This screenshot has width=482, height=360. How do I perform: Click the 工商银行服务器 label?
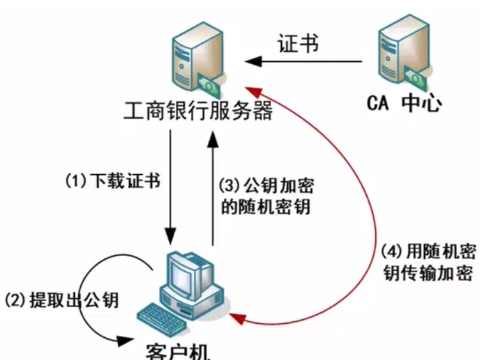(198, 111)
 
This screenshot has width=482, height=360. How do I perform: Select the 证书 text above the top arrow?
(298, 44)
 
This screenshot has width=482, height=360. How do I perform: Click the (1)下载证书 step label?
(112, 181)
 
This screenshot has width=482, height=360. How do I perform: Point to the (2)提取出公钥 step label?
(61, 299)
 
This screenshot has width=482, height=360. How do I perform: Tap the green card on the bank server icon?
(209, 83)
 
